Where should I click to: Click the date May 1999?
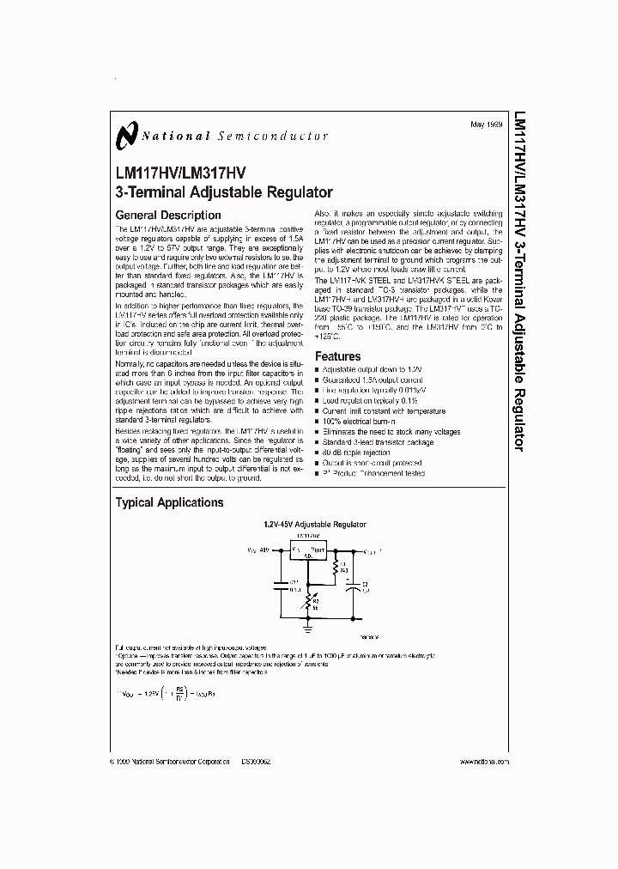pos(487,126)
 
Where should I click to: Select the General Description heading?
pos(167,215)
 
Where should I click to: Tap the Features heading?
pos(337,356)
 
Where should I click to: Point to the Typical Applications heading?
pos(169,502)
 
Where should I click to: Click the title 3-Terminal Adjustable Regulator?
pos(223,192)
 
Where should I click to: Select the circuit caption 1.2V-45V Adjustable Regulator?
pos(314,524)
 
